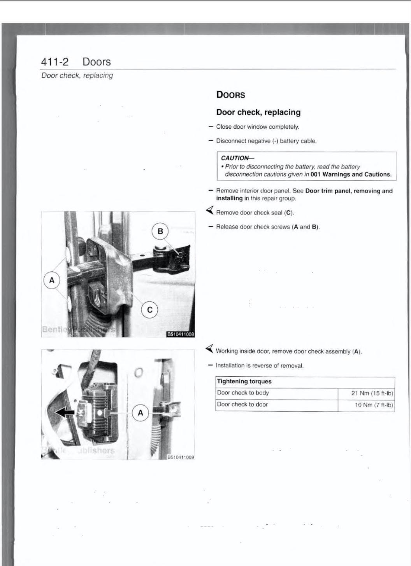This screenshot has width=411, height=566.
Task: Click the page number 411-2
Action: (54, 62)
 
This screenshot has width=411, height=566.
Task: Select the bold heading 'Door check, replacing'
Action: (258, 112)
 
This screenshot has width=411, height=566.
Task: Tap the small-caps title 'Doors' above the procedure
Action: (231, 95)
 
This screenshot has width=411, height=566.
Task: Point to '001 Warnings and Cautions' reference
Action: (351, 174)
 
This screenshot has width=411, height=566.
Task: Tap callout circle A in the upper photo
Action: (52, 280)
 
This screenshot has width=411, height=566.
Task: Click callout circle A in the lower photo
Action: (141, 413)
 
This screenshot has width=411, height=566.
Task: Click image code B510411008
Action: (180, 334)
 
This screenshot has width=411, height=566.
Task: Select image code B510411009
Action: (180, 457)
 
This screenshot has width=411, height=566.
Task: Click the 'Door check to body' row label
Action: (243, 393)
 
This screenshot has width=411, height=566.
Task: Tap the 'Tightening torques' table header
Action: (244, 381)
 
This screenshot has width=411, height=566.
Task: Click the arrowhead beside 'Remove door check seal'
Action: (210, 211)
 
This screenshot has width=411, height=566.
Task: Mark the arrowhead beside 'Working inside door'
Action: (210, 348)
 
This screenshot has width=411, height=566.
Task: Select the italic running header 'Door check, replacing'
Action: (77, 75)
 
